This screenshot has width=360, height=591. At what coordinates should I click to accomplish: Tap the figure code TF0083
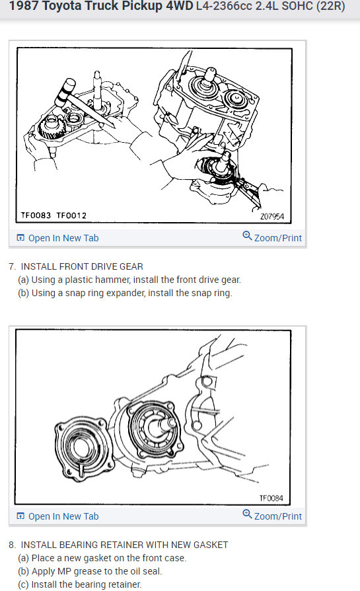[x=34, y=216]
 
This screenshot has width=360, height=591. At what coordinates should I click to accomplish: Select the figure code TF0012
[x=71, y=216]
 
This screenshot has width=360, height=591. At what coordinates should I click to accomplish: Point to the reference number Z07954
[x=272, y=216]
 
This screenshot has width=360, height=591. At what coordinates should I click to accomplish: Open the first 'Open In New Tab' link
[x=63, y=238]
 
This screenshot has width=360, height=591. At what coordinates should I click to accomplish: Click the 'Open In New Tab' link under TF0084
[x=63, y=516]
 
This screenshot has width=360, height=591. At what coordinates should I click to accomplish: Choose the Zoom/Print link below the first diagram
[x=277, y=238]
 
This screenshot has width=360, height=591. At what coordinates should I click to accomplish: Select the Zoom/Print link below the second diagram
[x=277, y=516]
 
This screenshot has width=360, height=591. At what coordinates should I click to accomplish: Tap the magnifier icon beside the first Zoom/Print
[x=247, y=236]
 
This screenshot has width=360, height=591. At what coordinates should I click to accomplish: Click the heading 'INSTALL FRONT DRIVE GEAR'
[x=82, y=266]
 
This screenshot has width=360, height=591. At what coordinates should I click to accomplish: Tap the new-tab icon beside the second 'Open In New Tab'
[x=20, y=516]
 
